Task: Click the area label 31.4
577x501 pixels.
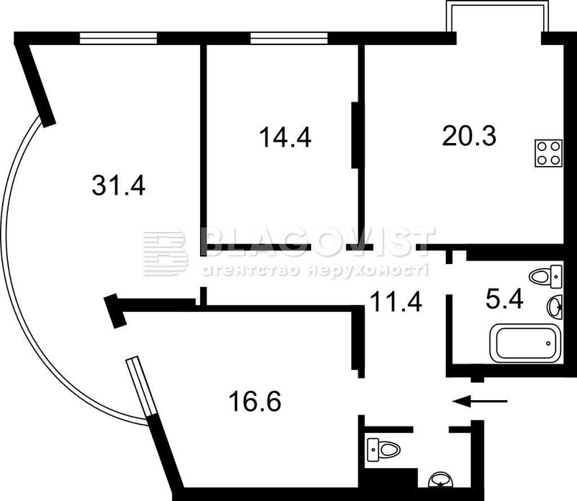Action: click(x=119, y=186)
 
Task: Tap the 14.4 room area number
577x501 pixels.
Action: click(x=285, y=137)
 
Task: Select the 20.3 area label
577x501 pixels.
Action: click(x=470, y=135)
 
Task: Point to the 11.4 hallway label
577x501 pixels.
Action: click(x=396, y=301)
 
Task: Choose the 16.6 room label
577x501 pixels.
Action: click(x=254, y=402)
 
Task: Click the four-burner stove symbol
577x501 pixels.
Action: click(x=548, y=152)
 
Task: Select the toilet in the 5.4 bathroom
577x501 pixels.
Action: click(x=546, y=276)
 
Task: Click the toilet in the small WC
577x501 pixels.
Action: click(x=382, y=449)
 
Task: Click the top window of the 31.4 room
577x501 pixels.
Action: click(x=118, y=38)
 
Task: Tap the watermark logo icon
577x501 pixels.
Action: click(x=164, y=252)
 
